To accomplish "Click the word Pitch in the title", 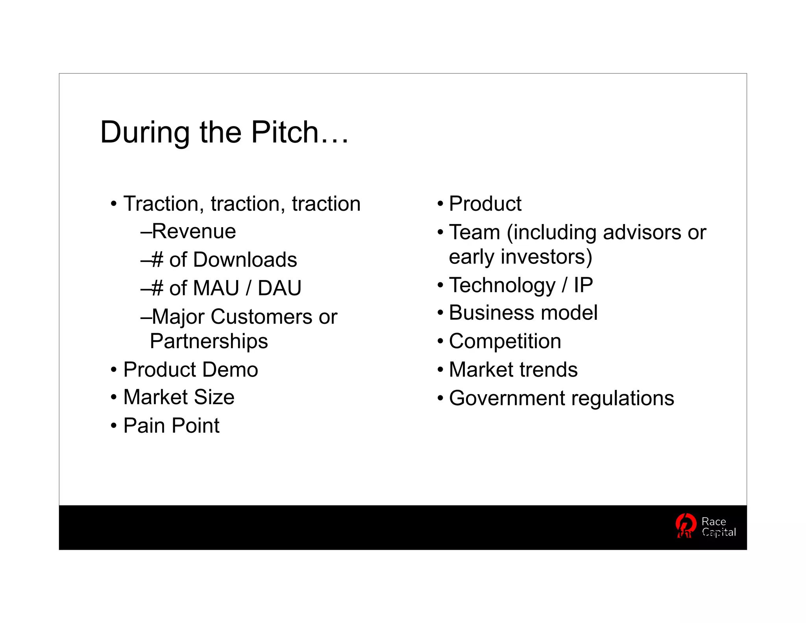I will click(x=285, y=132).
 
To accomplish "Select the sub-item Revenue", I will click(x=194, y=231).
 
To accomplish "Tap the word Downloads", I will click(x=245, y=260).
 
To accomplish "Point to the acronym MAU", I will click(x=216, y=288).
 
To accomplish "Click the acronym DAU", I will click(x=279, y=288).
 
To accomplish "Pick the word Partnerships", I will click(x=209, y=341).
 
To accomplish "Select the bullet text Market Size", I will click(x=179, y=397).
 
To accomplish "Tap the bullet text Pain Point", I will click(x=171, y=426).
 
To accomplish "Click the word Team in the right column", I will click(x=474, y=232).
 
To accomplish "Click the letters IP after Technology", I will click(x=583, y=285).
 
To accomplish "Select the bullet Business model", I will click(x=523, y=313).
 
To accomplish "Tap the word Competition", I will click(x=505, y=341).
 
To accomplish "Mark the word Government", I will click(x=507, y=398).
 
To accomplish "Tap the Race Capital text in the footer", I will click(x=718, y=527).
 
